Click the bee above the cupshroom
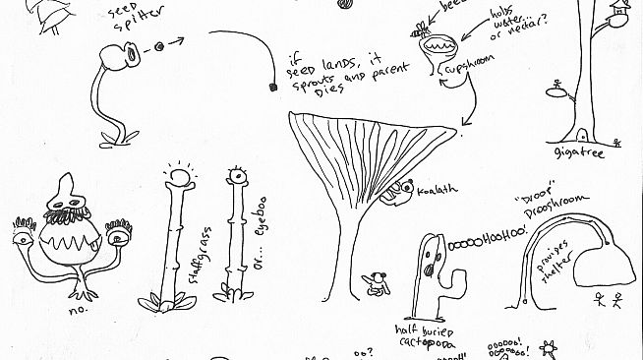click(423, 29)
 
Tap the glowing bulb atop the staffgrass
click(179, 178)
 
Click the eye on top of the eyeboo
click(234, 178)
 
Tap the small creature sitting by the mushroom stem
click(375, 284)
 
